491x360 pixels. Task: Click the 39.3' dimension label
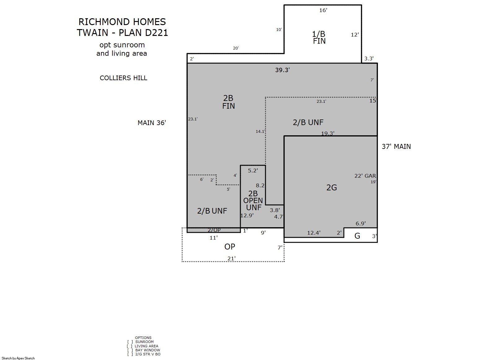click(282, 70)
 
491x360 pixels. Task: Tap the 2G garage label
click(331, 188)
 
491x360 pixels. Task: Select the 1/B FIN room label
click(319, 37)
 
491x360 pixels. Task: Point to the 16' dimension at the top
click(323, 10)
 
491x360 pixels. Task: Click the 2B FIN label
click(228, 102)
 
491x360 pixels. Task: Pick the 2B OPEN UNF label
click(253, 200)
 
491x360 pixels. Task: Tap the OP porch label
click(230, 247)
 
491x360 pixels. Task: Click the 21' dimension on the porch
click(231, 258)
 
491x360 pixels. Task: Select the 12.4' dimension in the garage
click(314, 232)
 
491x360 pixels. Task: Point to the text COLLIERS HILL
click(123, 78)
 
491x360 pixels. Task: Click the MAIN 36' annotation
click(152, 123)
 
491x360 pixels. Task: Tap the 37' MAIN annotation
click(396, 146)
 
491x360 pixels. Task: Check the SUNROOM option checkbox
click(130, 342)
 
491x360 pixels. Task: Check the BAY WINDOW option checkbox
click(130, 350)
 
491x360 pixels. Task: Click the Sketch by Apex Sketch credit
click(18, 358)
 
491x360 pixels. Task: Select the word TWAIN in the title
click(92, 33)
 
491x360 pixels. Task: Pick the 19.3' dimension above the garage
click(328, 133)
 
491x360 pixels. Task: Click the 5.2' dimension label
click(253, 171)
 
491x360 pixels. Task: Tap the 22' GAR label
click(365, 176)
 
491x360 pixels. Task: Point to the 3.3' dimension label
click(369, 59)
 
